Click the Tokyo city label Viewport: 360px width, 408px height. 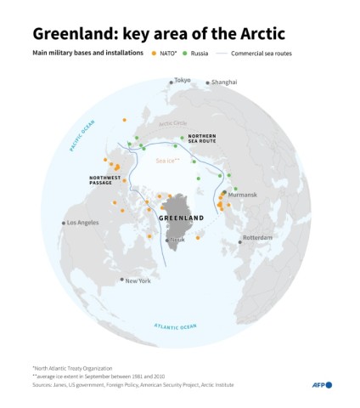pos(183,81)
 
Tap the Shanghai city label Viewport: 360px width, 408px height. pos(224,82)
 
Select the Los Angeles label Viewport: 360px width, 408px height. pos(83,223)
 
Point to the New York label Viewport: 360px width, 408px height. pos(138,280)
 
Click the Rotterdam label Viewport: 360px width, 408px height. pos(257,237)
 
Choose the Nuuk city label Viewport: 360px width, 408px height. pos(177,240)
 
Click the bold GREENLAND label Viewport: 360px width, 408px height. pos(182,218)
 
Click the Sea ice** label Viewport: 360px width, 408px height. pos(167,160)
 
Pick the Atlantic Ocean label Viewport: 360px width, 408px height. pos(175,326)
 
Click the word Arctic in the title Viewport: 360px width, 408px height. pos(257,34)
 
